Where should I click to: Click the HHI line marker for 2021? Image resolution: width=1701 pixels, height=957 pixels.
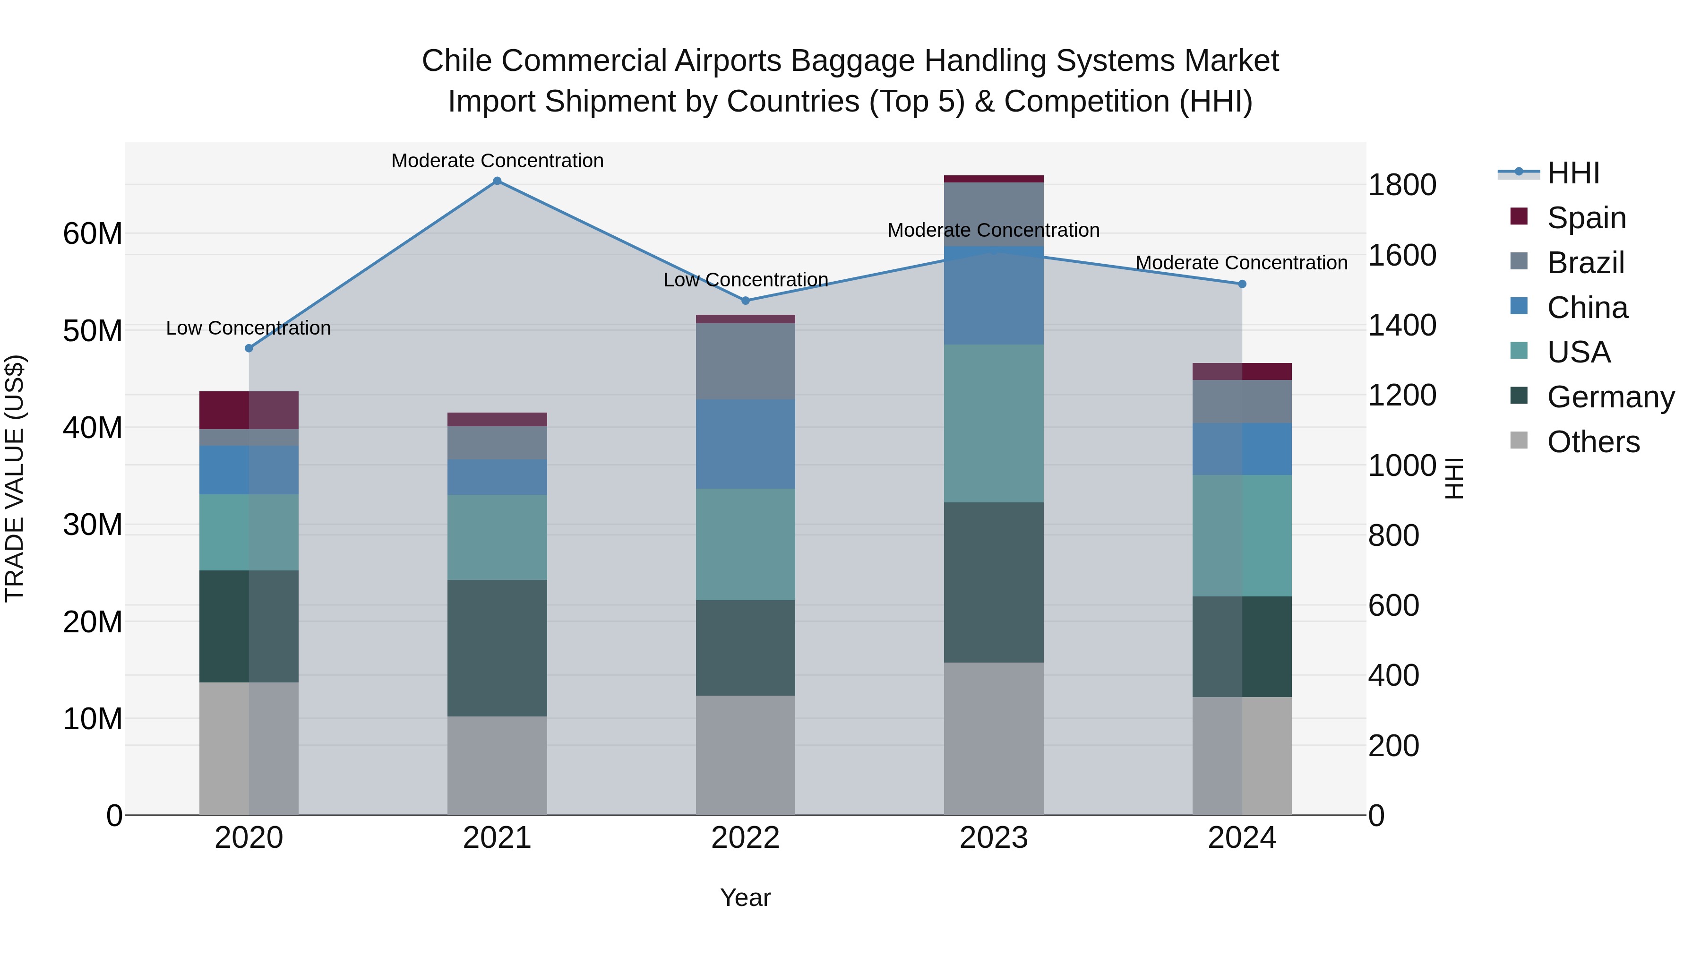497,181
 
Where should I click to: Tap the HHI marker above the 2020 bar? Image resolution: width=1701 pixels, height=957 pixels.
249,348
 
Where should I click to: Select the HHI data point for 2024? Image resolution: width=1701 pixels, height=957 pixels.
1242,284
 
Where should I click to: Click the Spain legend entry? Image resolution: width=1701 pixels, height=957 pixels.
1586,218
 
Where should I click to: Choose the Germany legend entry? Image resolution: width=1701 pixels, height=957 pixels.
1610,397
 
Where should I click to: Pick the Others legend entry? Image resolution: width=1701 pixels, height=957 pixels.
1593,442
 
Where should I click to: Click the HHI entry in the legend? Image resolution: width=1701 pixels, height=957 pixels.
1573,173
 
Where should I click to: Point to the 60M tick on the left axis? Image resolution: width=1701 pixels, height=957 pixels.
93,234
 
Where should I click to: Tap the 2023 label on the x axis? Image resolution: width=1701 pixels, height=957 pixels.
994,838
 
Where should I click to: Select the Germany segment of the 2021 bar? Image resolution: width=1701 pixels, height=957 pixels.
497,648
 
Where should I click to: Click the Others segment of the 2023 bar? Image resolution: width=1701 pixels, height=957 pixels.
994,738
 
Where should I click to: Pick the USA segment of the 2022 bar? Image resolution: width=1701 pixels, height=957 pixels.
746,544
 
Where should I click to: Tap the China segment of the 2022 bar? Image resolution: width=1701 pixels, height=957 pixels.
746,444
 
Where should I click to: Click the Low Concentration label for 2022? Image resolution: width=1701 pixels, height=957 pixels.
746,280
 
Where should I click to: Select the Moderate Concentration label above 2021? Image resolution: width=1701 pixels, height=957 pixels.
497,161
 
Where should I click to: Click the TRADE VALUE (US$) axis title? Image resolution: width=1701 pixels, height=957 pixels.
15,478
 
